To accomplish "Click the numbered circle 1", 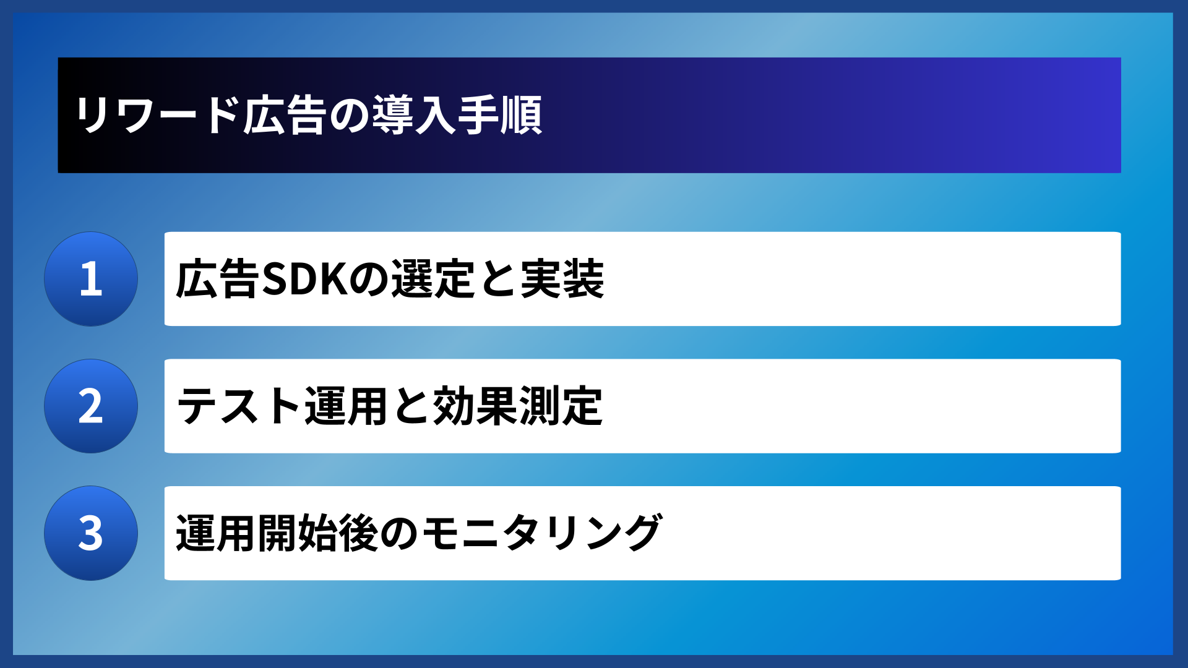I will (91, 279).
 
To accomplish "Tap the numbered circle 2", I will (91, 406).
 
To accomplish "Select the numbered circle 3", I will (91, 533).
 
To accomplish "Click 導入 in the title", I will (414, 115).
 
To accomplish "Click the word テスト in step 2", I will (239, 406).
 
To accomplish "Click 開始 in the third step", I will (298, 533).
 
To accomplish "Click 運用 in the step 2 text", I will (346, 406).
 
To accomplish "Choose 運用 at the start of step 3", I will (217, 533).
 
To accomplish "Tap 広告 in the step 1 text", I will (217, 279).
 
